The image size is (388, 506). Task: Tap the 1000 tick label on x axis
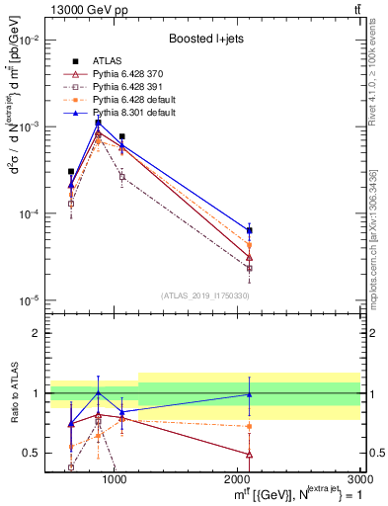coord(116,479)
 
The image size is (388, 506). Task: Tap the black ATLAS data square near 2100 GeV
coord(249,230)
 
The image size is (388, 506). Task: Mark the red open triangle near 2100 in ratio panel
coord(249,455)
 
